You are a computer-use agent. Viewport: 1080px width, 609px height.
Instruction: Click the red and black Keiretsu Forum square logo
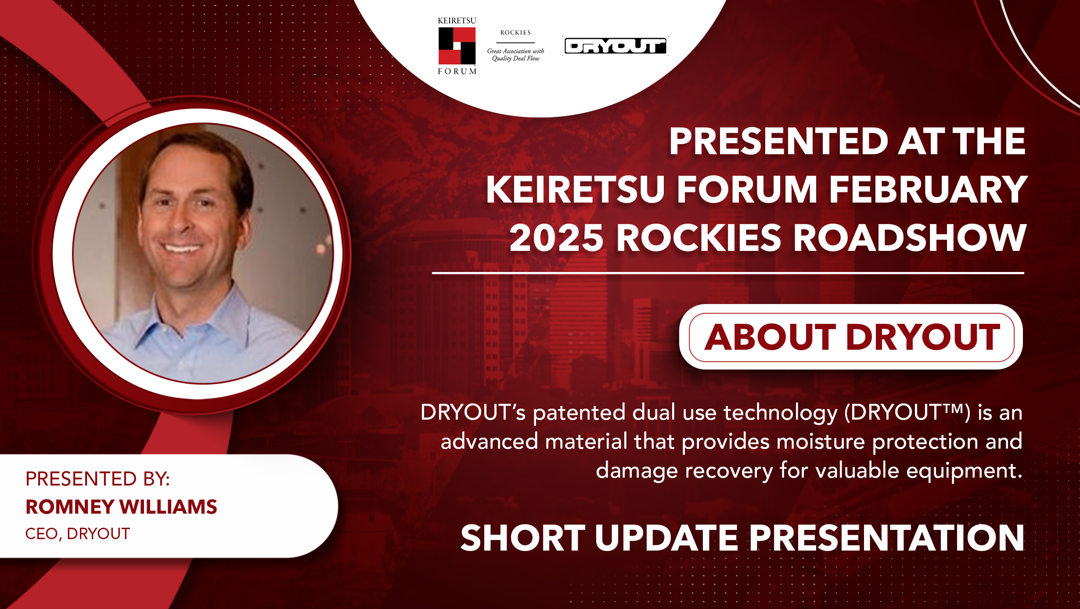pyautogui.click(x=457, y=46)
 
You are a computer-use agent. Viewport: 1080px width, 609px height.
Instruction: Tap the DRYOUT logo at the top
pyautogui.click(x=615, y=46)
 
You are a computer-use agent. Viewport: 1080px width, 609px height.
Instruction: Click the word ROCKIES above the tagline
pyautogui.click(x=515, y=33)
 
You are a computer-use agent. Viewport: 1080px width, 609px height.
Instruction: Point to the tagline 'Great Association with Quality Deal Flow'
pyautogui.click(x=515, y=55)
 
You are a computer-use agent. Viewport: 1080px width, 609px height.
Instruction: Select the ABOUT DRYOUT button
pyautogui.click(x=851, y=337)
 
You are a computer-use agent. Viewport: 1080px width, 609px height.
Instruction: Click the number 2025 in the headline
pyautogui.click(x=556, y=238)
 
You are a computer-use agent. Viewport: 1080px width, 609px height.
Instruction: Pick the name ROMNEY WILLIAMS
pyautogui.click(x=121, y=507)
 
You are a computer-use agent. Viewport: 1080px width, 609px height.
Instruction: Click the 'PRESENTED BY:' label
pyautogui.click(x=97, y=478)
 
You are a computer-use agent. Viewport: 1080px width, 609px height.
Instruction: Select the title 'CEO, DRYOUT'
pyautogui.click(x=78, y=534)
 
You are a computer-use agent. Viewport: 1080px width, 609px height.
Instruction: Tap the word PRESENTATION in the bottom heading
pyautogui.click(x=886, y=538)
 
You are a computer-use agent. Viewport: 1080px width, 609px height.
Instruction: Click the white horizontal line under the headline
pyautogui.click(x=728, y=273)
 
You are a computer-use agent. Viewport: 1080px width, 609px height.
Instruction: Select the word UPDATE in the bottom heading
pyautogui.click(x=666, y=538)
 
